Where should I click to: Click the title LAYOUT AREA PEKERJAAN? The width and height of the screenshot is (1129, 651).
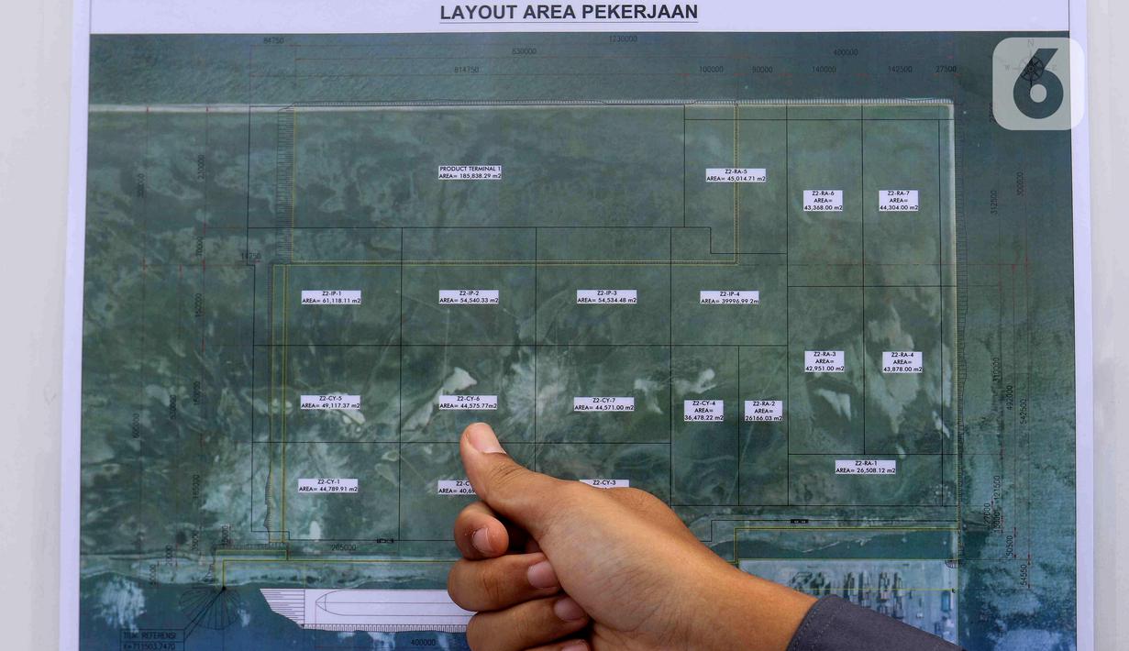pos(569,13)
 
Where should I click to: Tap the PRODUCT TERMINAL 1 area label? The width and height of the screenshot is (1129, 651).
pos(470,172)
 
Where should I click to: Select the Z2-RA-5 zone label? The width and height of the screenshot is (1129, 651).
pos(736,175)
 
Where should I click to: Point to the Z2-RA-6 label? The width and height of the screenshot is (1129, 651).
pos(823,201)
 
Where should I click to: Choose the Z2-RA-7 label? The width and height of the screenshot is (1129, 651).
pos(898,201)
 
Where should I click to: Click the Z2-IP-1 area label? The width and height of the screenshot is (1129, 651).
pos(331,297)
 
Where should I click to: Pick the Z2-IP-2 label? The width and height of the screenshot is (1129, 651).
pos(469,297)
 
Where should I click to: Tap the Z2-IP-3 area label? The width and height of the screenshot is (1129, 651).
pos(606,297)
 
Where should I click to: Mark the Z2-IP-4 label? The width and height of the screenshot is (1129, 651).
pos(729,297)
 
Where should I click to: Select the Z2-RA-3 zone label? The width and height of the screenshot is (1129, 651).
pos(825,361)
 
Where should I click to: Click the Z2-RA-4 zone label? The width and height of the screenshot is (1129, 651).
pos(902,362)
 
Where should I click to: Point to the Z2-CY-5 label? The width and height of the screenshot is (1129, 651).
pos(330,402)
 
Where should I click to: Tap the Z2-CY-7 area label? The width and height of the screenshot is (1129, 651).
pos(603,403)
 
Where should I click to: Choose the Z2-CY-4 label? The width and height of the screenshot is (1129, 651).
pos(703,410)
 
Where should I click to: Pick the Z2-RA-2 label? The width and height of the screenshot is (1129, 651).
pos(763,410)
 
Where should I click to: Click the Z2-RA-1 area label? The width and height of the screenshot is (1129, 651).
pos(865,467)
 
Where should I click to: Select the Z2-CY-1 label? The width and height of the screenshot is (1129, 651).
pos(328,485)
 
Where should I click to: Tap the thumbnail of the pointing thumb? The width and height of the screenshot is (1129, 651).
pos(483,441)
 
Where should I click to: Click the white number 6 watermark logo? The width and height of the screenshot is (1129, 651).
pos(1037,83)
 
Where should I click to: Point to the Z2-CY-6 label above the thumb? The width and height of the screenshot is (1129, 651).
pos(468,402)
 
